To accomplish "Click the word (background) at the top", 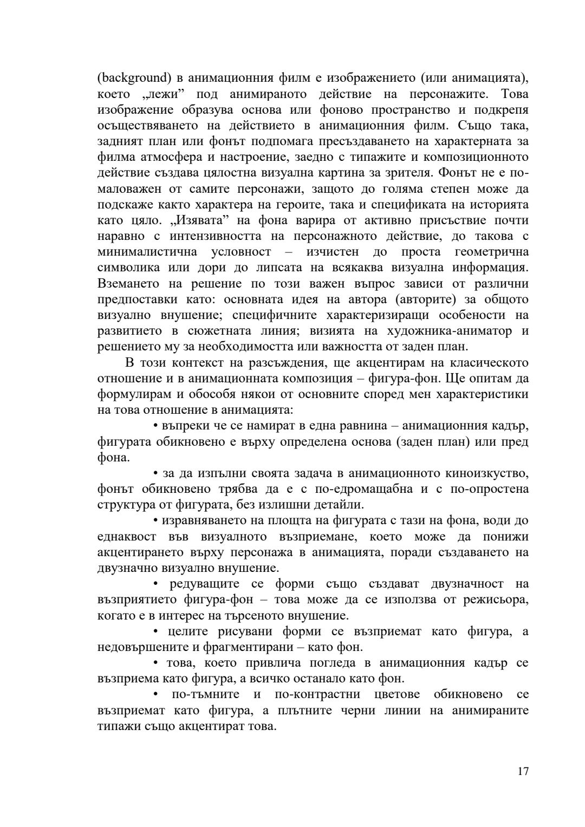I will pos(131,78).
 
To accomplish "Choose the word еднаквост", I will pos(127,536).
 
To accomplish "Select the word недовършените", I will pos(140,647).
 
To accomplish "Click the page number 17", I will pos(523,771).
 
